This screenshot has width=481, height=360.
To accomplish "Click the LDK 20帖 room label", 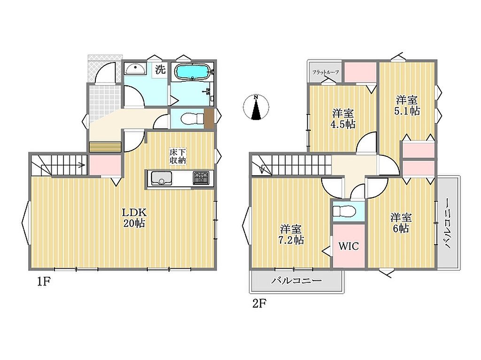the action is tap(134, 218).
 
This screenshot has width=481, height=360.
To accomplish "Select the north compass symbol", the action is tap(256, 107).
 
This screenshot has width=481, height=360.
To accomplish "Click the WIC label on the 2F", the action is tap(349, 246).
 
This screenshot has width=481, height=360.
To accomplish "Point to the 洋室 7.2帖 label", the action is tap(291, 234).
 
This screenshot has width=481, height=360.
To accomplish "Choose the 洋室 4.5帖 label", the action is tap(342, 119).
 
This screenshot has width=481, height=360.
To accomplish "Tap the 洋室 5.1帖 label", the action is tap(407, 105).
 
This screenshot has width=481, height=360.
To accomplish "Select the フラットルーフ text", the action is tap(326, 72).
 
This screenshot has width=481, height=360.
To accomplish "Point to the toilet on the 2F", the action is tap(344, 211).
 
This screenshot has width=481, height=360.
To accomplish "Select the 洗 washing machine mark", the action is tap(160, 69).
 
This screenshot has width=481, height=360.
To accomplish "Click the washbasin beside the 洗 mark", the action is tap(135, 69).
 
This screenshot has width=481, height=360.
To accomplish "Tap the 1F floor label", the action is tap(43, 282).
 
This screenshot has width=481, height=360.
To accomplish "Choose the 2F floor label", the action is tap(259, 304).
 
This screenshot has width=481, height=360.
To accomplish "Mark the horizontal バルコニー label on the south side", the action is tap(296, 281).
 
